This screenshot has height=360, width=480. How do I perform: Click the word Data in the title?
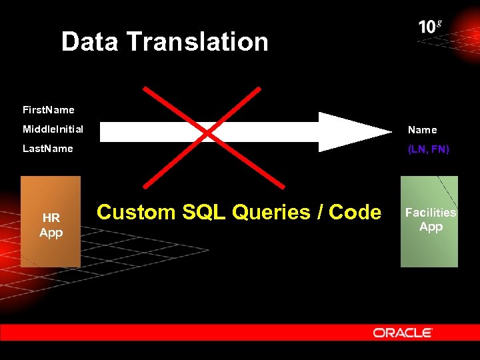click(x=90, y=42)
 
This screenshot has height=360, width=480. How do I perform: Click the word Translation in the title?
click(x=197, y=42)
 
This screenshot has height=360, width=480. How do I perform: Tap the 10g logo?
click(x=430, y=27)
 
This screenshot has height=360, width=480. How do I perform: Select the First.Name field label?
click(x=49, y=109)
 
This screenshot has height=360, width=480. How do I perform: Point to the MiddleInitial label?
click(x=53, y=129)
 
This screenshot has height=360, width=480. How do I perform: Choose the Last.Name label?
click(x=48, y=148)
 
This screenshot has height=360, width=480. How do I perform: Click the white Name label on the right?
click(x=423, y=130)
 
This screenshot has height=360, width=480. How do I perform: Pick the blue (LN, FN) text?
click(x=429, y=149)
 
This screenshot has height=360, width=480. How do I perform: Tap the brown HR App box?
click(x=51, y=221)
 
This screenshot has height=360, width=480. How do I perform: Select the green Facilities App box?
click(x=429, y=221)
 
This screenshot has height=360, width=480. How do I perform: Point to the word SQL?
click(x=201, y=212)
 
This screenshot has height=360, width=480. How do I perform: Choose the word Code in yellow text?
click(x=355, y=212)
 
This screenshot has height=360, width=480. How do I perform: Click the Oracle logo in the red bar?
click(x=403, y=332)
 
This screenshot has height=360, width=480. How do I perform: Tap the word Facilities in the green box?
click(x=431, y=213)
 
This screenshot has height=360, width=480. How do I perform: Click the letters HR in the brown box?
click(x=51, y=217)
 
